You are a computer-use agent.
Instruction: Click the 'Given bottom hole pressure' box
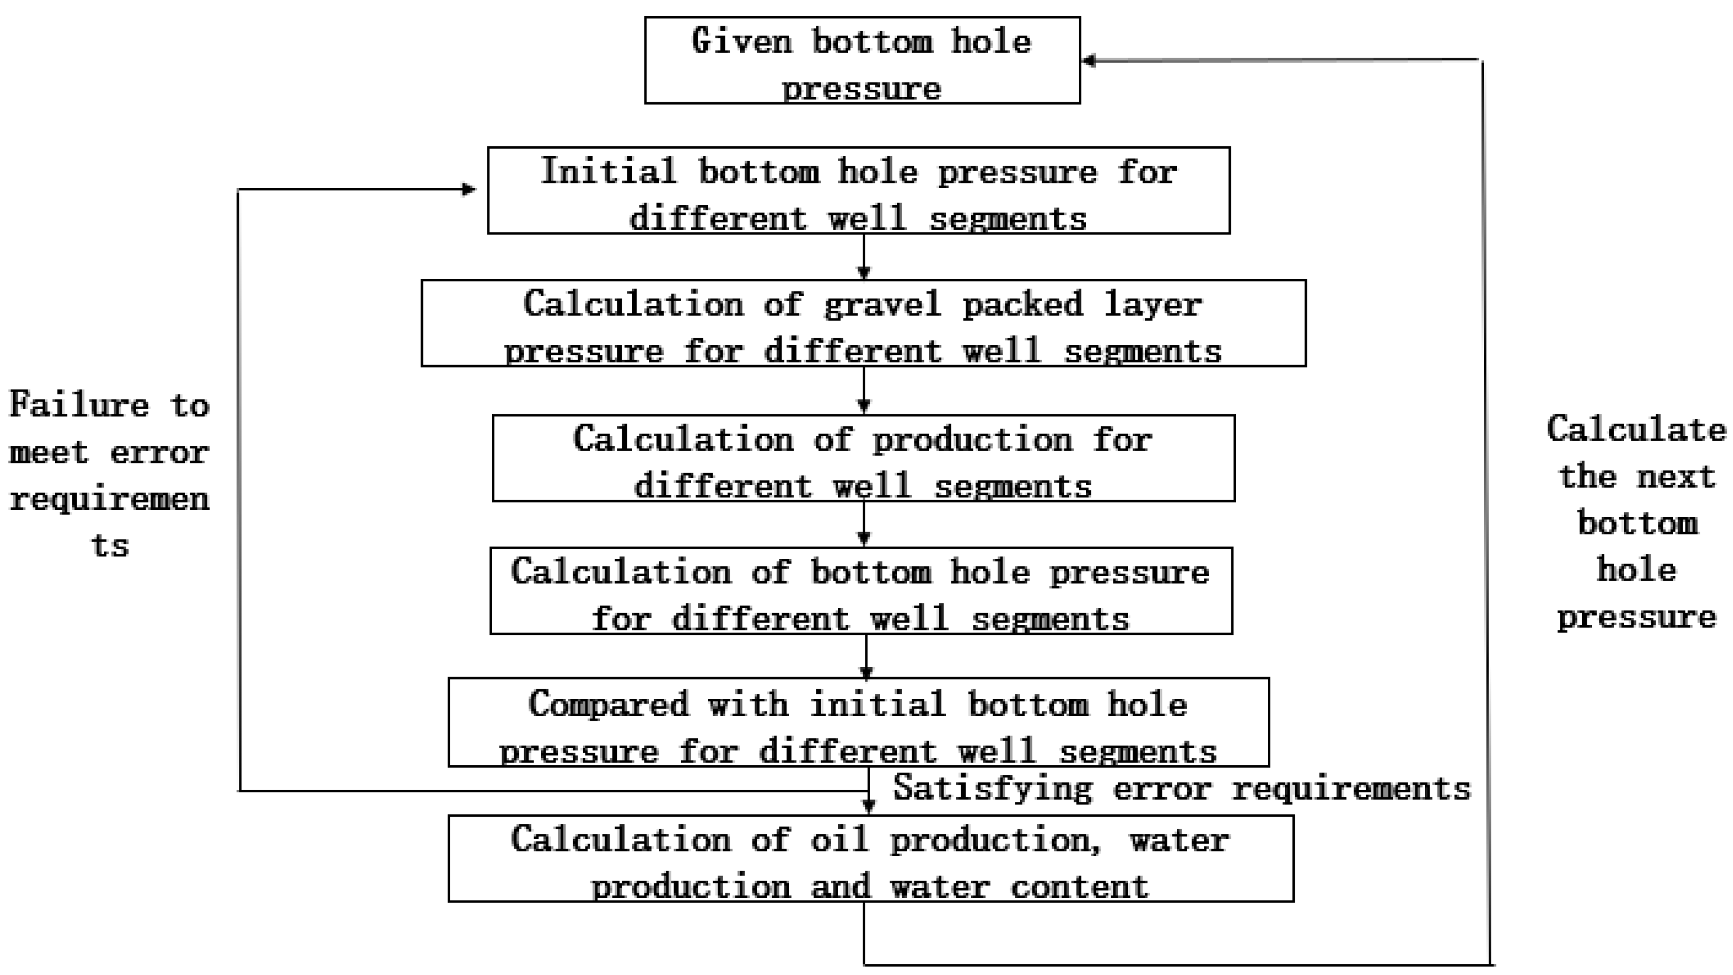(x=862, y=61)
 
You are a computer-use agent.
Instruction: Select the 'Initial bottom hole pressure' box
(x=858, y=191)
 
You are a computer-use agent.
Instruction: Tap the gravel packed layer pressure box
(x=863, y=323)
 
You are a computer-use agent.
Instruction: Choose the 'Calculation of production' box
(x=863, y=458)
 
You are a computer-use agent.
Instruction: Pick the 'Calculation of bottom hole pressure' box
(x=861, y=591)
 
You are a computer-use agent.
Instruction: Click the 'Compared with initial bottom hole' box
(x=858, y=722)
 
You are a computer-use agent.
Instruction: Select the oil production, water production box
(x=871, y=859)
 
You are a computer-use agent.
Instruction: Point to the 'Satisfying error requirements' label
(x=1182, y=789)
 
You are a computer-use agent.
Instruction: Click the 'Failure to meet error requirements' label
(x=109, y=474)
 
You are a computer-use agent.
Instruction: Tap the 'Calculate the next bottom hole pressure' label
(x=1636, y=523)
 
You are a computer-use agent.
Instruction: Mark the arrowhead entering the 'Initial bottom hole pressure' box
(x=469, y=190)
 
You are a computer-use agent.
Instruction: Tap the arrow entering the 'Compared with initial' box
(x=866, y=657)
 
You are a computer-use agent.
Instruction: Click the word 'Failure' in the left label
(x=79, y=405)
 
